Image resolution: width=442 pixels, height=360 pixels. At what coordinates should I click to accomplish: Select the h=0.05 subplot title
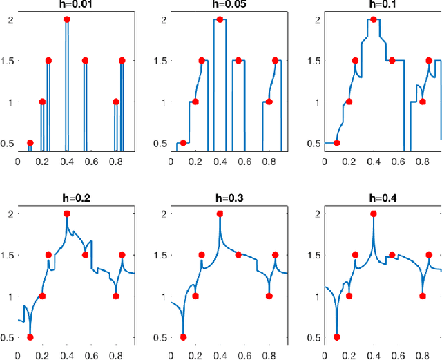click(x=220, y=5)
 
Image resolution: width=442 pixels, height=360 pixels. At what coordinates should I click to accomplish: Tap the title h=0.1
click(x=374, y=5)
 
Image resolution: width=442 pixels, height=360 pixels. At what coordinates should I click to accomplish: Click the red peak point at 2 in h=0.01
click(x=67, y=19)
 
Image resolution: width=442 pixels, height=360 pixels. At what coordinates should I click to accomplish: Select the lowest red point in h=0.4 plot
click(x=337, y=337)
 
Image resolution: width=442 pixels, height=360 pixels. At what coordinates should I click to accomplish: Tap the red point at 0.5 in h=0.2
click(x=30, y=337)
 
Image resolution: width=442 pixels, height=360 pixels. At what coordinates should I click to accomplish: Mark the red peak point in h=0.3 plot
click(x=220, y=214)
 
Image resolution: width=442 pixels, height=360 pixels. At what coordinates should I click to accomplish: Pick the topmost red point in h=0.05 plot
click(x=220, y=19)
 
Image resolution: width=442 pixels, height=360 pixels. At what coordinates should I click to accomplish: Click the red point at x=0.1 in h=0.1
click(x=337, y=143)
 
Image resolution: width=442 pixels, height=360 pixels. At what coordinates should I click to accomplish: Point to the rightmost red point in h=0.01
click(x=122, y=61)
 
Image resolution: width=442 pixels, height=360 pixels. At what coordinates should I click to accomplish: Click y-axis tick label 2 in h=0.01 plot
click(x=9, y=19)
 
